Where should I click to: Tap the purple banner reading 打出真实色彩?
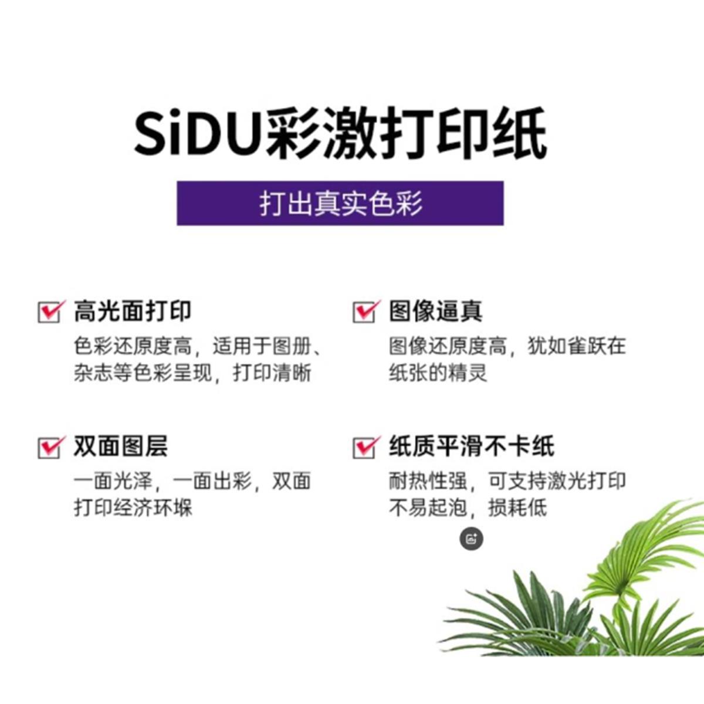click(340, 204)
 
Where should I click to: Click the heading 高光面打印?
click(133, 311)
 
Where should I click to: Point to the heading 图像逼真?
click(436, 311)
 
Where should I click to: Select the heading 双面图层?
click(121, 446)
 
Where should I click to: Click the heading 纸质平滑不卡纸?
click(472, 446)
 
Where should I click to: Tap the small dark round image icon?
click(471, 538)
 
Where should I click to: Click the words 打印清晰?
click(272, 373)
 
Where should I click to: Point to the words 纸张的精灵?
click(438, 373)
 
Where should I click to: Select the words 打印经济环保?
click(133, 507)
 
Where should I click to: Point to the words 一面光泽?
click(113, 481)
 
